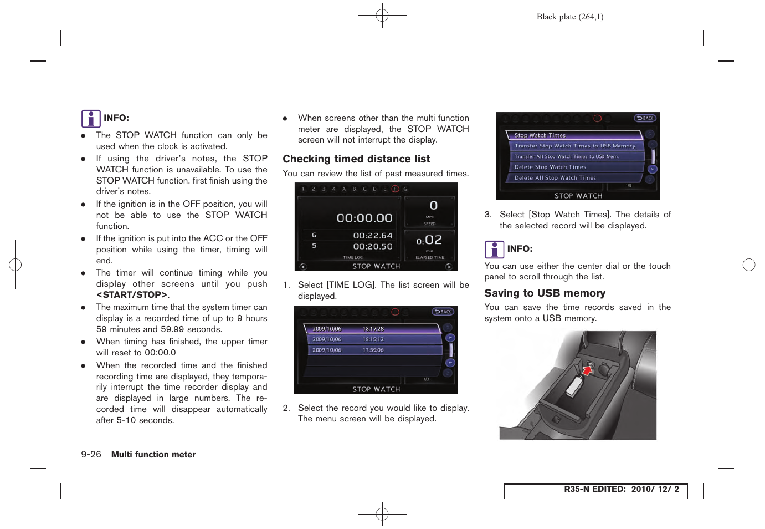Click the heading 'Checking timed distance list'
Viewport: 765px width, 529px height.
click(x=356, y=159)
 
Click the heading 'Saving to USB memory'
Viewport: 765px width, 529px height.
click(x=545, y=293)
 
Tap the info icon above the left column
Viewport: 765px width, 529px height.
click(x=91, y=119)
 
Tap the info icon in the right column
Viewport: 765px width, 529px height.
click(x=494, y=250)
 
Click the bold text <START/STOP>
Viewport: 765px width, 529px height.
click(x=132, y=295)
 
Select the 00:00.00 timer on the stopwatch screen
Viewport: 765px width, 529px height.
click(x=364, y=218)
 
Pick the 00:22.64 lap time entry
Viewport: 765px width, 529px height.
click(x=372, y=236)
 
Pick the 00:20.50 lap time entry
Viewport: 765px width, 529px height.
click(x=372, y=247)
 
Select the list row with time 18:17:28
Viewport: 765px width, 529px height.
click(x=372, y=329)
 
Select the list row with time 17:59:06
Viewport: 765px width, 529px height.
click(x=372, y=350)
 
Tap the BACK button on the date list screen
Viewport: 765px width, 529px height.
click(x=443, y=312)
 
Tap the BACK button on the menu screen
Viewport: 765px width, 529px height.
click(x=645, y=118)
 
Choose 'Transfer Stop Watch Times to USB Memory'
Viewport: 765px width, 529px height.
click(x=574, y=146)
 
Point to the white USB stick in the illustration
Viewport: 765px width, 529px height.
click(x=575, y=386)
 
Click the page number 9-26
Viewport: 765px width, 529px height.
click(x=91, y=455)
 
